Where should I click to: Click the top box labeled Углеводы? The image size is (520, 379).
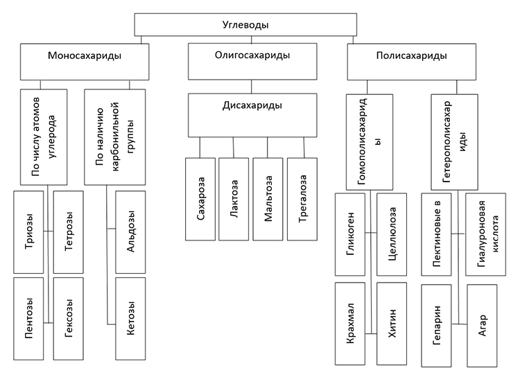[245, 24]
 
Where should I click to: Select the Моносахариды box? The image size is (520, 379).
[85, 62]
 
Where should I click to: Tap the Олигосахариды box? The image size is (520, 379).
[252, 61]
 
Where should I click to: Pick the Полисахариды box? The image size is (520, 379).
[412, 62]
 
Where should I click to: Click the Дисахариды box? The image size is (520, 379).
[252, 115]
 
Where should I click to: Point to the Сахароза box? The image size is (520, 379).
[200, 199]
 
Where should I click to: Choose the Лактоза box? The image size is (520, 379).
[234, 199]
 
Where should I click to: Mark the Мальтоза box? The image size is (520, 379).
[268, 199]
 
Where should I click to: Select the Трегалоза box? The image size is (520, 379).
[302, 199]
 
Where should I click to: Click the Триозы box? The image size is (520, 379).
[28, 232]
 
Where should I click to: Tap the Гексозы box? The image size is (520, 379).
[69, 319]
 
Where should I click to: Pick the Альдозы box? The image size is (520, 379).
[130, 232]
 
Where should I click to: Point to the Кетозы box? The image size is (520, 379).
[130, 319]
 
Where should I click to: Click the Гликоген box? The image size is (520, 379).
[350, 235]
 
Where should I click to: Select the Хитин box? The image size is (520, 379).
[392, 324]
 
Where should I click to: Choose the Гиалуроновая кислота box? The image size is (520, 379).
[486, 235]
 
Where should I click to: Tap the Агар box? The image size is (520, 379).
[482, 326]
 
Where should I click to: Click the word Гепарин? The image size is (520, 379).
[436, 326]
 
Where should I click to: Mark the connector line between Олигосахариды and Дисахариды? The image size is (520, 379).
[252, 87]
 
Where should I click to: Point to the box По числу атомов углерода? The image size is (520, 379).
[44, 136]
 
